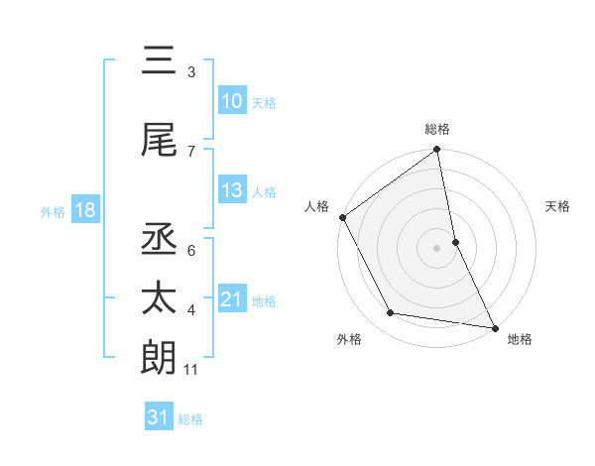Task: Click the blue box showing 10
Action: [231, 101]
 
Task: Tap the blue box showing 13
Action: [231, 190]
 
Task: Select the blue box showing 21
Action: [231, 299]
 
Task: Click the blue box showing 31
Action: [159, 417]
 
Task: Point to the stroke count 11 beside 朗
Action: [191, 371]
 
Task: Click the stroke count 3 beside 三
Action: [190, 72]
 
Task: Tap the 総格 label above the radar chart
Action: [437, 129]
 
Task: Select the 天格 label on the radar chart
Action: [557, 206]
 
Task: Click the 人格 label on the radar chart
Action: [317, 206]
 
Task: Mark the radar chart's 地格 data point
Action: [493, 326]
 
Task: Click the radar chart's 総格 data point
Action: [437, 150]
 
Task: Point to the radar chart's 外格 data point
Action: [391, 313]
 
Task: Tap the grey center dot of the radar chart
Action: [437, 247]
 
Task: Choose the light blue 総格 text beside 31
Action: [190, 419]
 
